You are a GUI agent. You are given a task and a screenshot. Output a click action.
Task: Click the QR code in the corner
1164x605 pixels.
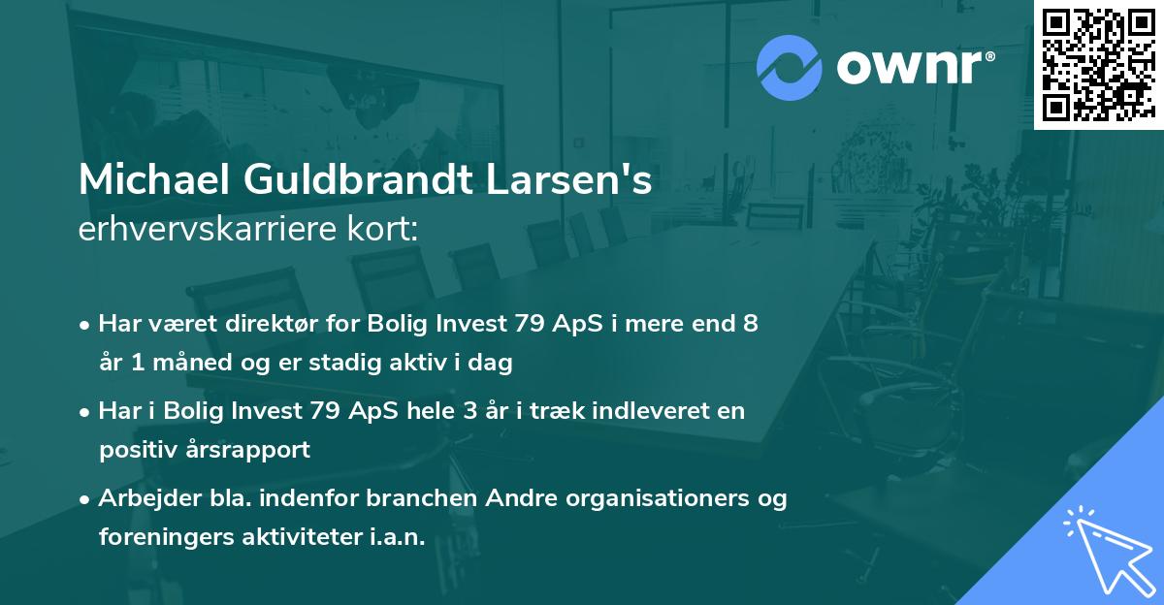point(1098,65)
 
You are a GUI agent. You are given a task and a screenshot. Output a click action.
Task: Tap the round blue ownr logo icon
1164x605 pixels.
point(789,67)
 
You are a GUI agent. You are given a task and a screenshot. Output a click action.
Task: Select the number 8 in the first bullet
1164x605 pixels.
point(750,324)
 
